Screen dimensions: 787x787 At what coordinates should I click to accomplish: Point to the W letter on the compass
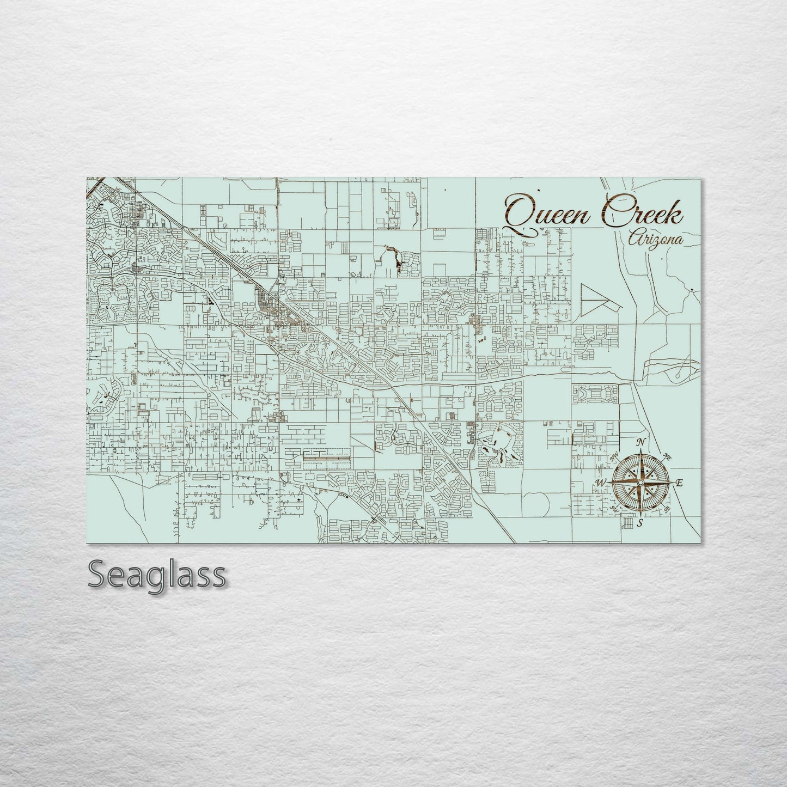tap(601, 483)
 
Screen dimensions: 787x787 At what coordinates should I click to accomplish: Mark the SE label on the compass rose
tap(667, 509)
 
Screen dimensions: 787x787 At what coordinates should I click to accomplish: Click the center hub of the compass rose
tap(640, 483)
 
